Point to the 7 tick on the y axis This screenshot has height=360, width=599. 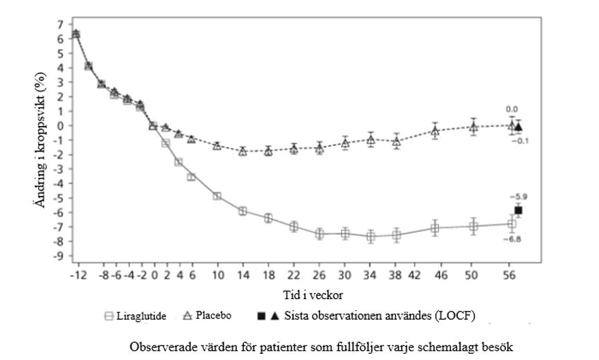coord(60,24)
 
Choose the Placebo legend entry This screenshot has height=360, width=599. coord(207,316)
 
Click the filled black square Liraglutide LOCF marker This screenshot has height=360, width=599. coord(518,210)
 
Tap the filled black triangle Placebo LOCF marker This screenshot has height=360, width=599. coord(519,127)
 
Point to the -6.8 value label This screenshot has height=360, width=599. coord(514,239)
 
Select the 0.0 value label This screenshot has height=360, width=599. coord(512,109)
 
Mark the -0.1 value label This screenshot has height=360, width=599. coord(521,141)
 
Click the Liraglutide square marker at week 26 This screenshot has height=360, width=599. coord(320,234)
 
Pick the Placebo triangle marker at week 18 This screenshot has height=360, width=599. coord(268,151)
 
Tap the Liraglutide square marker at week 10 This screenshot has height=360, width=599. coord(217,196)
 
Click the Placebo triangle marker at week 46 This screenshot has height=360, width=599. coord(435,130)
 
